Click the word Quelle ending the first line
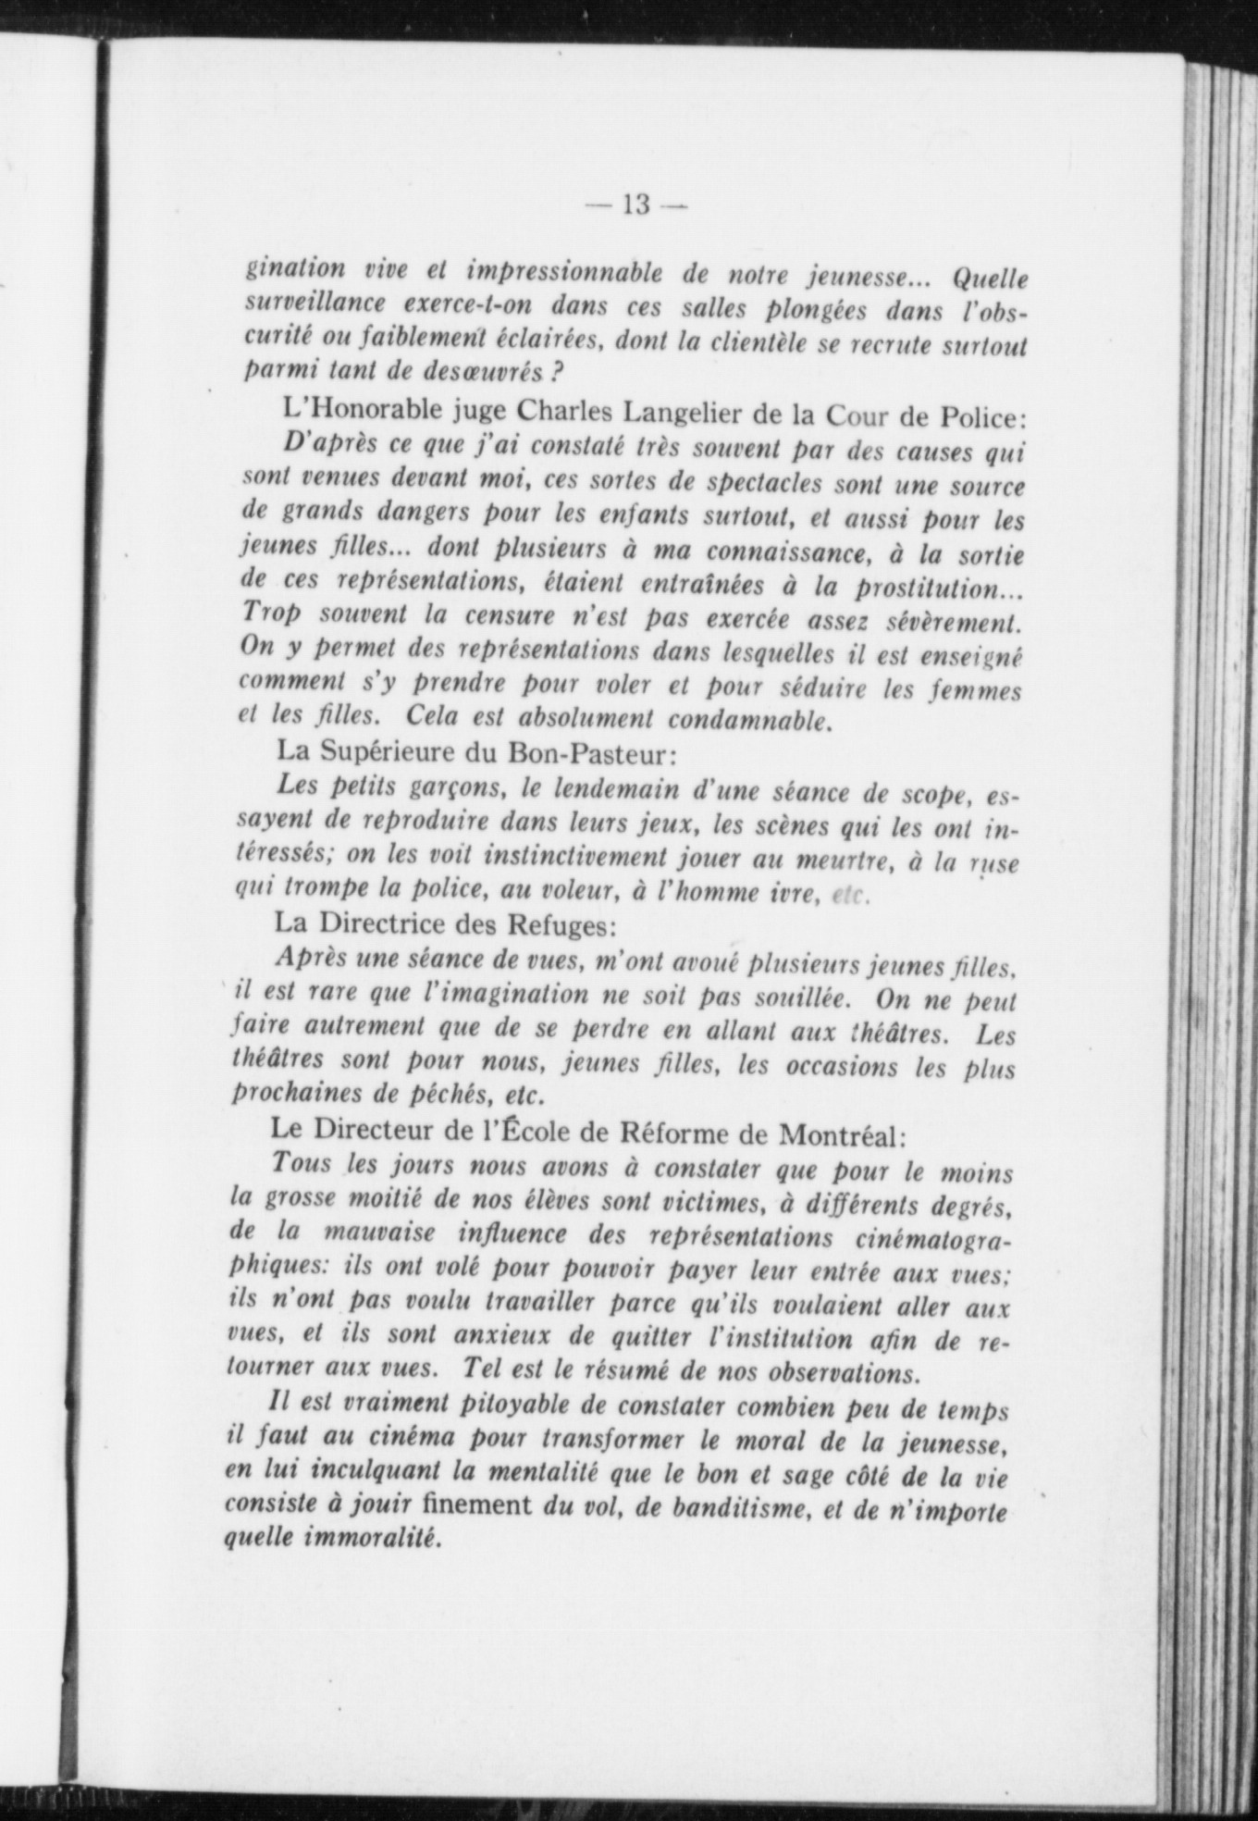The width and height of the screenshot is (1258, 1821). pyautogui.click(x=989, y=279)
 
